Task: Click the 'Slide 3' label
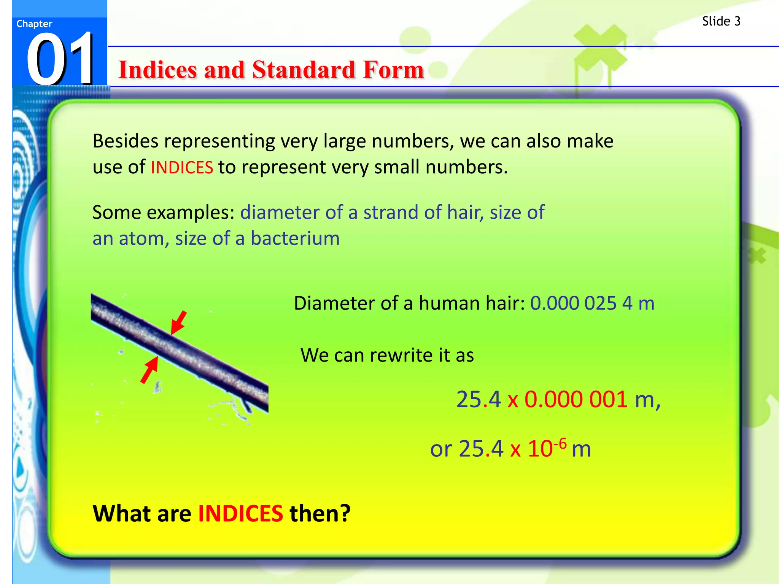[x=721, y=21]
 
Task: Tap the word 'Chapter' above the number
[x=34, y=24]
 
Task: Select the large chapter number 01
[x=60, y=59]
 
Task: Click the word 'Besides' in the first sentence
[x=126, y=141]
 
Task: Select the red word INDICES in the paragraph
[x=182, y=168]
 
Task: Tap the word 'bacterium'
[x=295, y=239]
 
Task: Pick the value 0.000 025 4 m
[x=592, y=303]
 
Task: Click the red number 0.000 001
[x=576, y=400]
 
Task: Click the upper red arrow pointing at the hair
[x=179, y=322]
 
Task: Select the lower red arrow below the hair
[x=149, y=370]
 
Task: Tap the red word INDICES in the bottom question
[x=240, y=514]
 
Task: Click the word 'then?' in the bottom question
[x=320, y=514]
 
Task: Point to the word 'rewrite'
[x=402, y=355]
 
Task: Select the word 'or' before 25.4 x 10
[x=440, y=450]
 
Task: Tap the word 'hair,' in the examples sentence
[x=466, y=213]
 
